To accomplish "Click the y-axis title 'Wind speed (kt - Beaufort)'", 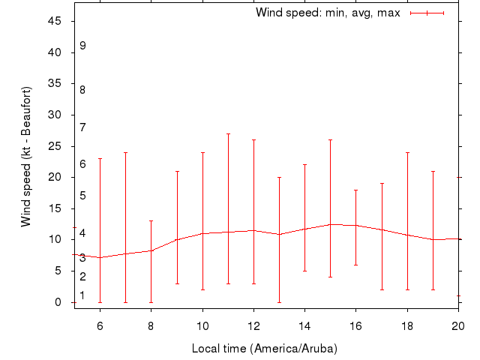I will click(x=25, y=157).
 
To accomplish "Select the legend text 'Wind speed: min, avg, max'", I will click(x=328, y=13).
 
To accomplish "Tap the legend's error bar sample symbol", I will click(x=427, y=13).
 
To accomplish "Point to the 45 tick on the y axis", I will click(x=55, y=21).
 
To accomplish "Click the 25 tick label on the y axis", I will click(x=55, y=146).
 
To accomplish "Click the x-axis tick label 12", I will click(x=253, y=325).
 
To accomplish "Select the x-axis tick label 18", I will click(x=407, y=325).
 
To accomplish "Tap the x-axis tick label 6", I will click(x=100, y=325).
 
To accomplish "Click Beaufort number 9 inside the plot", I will click(x=82, y=45).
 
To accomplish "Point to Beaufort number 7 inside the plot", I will click(x=82, y=127).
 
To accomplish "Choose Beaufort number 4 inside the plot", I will click(x=82, y=233).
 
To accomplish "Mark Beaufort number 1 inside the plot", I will click(x=82, y=295).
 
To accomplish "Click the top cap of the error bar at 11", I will click(x=228, y=133).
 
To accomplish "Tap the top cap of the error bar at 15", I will click(x=331, y=140).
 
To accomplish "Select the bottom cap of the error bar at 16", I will click(x=356, y=265).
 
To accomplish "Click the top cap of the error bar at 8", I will click(x=151, y=221).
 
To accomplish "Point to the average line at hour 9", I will click(x=177, y=240).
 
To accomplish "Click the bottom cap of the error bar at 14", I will click(x=304, y=271).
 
